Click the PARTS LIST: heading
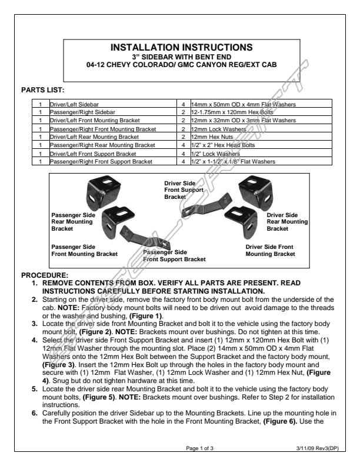point(42,90)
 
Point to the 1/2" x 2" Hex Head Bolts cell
point(218,145)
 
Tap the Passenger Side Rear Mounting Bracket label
point(72,222)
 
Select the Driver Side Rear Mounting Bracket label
point(286,222)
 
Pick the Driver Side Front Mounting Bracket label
point(270,250)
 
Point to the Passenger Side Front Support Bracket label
point(174,255)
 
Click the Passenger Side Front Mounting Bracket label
point(84,250)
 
